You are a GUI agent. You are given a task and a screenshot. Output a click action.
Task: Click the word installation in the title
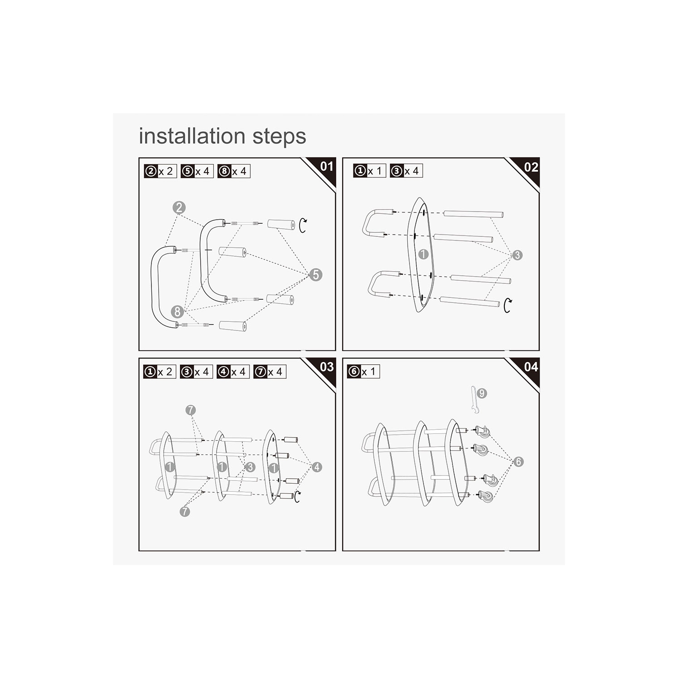pyautogui.click(x=193, y=136)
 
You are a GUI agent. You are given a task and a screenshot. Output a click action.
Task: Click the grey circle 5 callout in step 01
pyautogui.click(x=315, y=274)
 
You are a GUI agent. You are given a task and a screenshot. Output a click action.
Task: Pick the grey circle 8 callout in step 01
pyautogui.click(x=177, y=311)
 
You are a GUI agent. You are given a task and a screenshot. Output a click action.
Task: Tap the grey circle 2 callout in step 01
pyautogui.click(x=179, y=207)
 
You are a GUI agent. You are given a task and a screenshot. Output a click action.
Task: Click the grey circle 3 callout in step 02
pyautogui.click(x=517, y=255)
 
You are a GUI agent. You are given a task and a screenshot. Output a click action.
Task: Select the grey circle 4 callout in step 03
pyautogui.click(x=317, y=467)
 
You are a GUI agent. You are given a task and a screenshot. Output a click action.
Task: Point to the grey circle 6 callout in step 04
pyautogui.click(x=518, y=461)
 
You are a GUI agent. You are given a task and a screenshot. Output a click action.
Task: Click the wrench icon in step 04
pyautogui.click(x=473, y=400)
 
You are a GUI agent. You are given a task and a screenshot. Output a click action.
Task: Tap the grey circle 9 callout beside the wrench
pyautogui.click(x=482, y=393)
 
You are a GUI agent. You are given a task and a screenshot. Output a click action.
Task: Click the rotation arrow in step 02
pyautogui.click(x=508, y=306)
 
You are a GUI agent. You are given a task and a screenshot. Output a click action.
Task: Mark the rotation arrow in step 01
pyautogui.click(x=302, y=225)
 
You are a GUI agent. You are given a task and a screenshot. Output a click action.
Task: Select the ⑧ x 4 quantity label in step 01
pyautogui.click(x=234, y=171)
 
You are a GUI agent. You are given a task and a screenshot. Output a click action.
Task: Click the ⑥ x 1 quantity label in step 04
pyautogui.click(x=363, y=372)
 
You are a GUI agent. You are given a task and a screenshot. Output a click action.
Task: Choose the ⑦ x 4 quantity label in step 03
pyautogui.click(x=270, y=372)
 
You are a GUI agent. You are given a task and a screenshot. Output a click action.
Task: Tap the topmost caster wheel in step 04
pyautogui.click(x=483, y=432)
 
